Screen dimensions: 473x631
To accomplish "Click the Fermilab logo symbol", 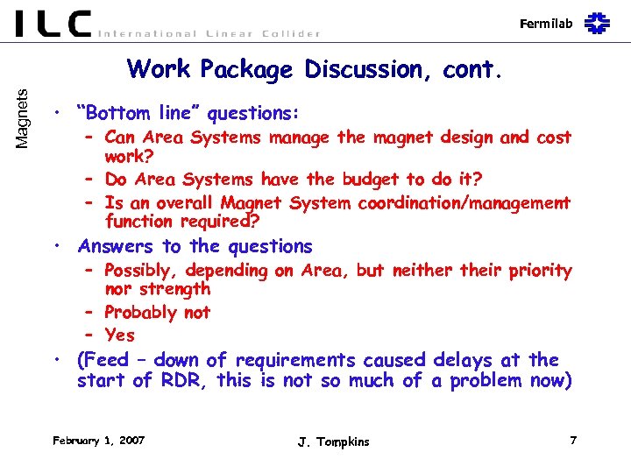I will [597, 23].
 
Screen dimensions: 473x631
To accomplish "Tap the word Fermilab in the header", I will [545, 24].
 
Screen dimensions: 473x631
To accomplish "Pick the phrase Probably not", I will [158, 313].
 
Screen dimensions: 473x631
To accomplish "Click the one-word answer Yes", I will [119, 335].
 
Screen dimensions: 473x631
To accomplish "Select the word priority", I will [537, 272].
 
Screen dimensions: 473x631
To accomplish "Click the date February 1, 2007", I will [98, 440].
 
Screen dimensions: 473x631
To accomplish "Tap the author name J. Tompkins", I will [333, 441].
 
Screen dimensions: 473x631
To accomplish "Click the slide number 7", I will [573, 440].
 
